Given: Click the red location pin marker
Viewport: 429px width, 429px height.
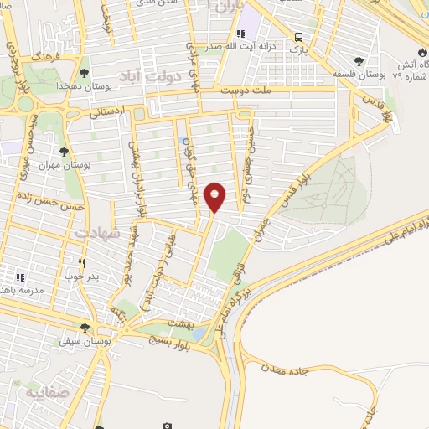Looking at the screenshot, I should click(x=215, y=197).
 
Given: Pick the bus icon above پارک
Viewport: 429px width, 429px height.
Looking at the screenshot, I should click(x=299, y=37).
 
